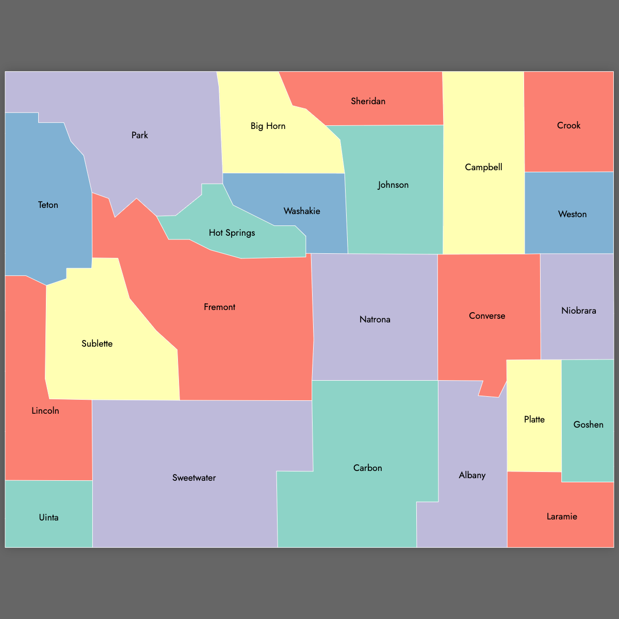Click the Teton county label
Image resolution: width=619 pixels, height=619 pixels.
tap(48, 205)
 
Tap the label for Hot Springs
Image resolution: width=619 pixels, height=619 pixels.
tap(232, 233)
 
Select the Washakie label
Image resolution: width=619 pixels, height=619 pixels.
tap(302, 211)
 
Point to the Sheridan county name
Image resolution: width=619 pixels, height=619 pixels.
tap(368, 101)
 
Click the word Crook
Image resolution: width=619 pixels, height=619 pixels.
tap(568, 125)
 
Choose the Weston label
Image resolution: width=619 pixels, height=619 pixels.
tap(572, 214)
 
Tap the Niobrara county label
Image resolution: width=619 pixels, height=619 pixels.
tap(578, 311)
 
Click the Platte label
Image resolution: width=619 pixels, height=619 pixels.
tap(534, 419)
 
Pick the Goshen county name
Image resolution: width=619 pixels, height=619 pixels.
tap(588, 425)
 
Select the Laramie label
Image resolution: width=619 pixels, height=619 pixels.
tap(562, 516)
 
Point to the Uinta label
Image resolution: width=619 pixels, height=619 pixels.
tap(48, 517)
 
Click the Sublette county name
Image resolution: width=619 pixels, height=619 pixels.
tap(97, 344)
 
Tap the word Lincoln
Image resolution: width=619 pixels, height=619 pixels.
tap(45, 411)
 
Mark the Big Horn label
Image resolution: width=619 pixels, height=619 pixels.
tap(268, 126)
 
